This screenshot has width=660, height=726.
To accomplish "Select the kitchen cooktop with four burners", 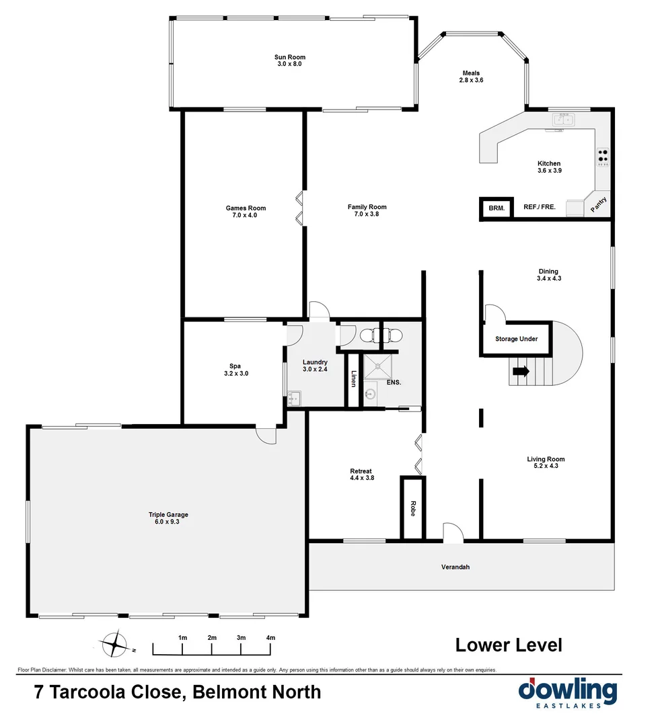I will (x=603, y=157).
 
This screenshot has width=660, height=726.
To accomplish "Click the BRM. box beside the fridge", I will (x=497, y=208).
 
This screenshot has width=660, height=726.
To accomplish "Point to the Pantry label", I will (x=599, y=204).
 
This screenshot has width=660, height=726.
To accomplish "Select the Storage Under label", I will (x=516, y=339).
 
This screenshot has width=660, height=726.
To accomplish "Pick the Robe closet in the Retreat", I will (x=412, y=508).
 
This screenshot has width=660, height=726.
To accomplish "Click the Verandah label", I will (x=455, y=567).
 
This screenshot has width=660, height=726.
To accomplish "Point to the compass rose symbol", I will (x=115, y=645).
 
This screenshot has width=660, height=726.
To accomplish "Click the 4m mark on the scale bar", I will (x=270, y=638).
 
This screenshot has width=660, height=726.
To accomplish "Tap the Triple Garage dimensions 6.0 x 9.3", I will (x=168, y=522).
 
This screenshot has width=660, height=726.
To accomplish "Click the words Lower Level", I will (x=509, y=645).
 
